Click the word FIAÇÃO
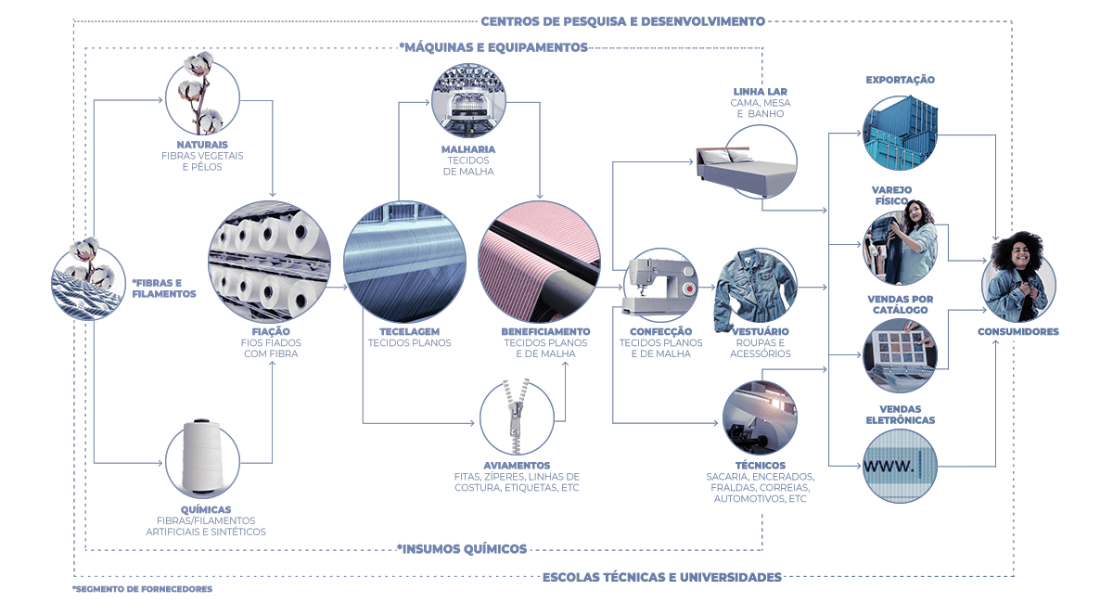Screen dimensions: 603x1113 coord(271,331)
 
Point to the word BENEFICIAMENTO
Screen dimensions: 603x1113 coord(545,331)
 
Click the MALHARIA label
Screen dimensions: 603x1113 coord(468,148)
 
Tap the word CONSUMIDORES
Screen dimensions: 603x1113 coord(1017,331)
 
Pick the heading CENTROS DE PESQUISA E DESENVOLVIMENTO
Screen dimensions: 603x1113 coord(622,20)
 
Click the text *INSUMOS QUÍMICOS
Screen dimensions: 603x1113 coord(462,548)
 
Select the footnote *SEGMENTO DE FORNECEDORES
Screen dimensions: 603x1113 coord(142,589)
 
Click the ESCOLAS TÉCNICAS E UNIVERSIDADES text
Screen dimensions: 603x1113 coord(661,577)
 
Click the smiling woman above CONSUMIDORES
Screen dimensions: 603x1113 coord(1018,276)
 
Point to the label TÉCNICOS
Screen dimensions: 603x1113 coord(760,465)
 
